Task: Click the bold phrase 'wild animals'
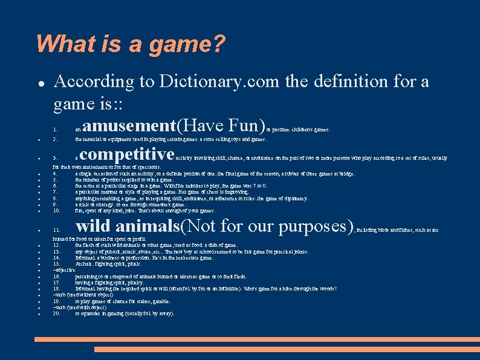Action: (x=127, y=227)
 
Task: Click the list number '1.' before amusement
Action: (x=56, y=129)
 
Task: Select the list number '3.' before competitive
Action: (x=56, y=159)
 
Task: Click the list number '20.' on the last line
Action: (x=57, y=313)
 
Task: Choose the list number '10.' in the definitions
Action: (x=57, y=211)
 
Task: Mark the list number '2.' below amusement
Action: (x=56, y=139)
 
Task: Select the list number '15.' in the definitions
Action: (x=57, y=264)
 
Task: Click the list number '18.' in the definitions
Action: (x=57, y=289)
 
